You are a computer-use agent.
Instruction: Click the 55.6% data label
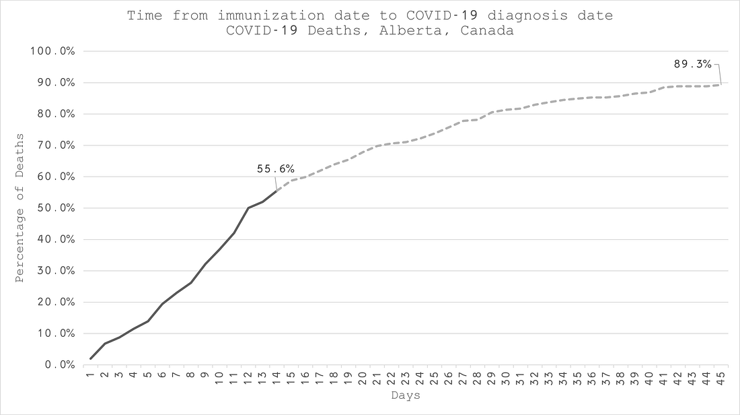click(x=275, y=169)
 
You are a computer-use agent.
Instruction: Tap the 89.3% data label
click(x=692, y=64)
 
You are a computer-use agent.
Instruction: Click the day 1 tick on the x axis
click(x=90, y=375)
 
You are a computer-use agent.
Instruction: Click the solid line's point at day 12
click(x=248, y=208)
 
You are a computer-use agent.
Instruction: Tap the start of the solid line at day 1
click(x=91, y=358)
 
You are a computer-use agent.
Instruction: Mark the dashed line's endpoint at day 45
click(x=721, y=84)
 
